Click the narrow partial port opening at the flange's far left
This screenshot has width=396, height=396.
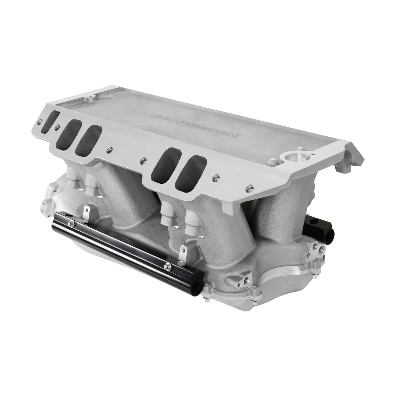pos(53,117)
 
